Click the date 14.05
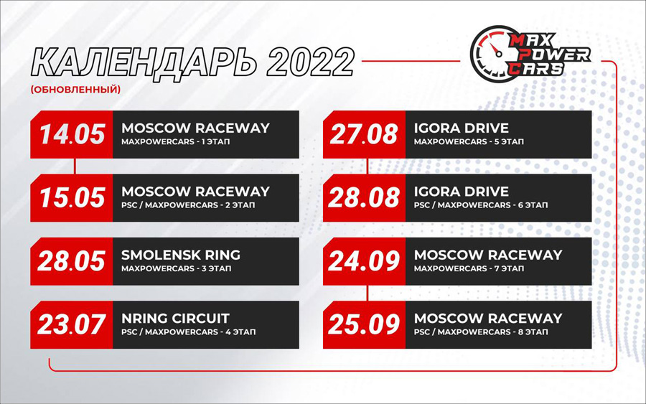72,134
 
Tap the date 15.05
72,197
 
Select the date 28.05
71,261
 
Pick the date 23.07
71,324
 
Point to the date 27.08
364,134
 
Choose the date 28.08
364,197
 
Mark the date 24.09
364,261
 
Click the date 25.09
364,324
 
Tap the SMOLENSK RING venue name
181,255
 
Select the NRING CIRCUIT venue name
175,319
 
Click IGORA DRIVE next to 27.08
462,128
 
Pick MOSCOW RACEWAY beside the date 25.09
488,319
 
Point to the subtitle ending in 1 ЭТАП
176,141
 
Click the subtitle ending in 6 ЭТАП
481,205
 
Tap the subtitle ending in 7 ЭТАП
469,268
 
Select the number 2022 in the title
310,62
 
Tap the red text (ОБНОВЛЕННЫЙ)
76,90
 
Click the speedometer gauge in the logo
490,52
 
